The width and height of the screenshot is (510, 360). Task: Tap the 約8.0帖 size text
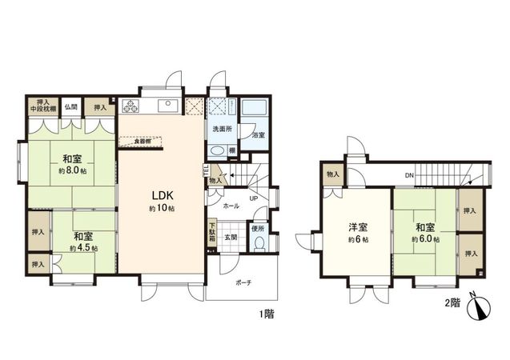(x=71, y=170)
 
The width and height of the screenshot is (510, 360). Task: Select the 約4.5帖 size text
(x=83, y=249)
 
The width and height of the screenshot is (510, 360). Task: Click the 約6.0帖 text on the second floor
(x=426, y=238)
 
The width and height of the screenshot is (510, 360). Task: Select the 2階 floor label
(x=453, y=303)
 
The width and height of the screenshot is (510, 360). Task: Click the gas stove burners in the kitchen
(x=131, y=106)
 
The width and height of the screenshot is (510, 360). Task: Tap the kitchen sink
(x=168, y=104)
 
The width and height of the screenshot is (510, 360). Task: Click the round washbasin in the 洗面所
(x=216, y=151)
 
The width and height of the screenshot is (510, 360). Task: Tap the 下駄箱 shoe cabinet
(x=211, y=233)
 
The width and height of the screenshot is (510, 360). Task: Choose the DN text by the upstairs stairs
(x=408, y=175)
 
